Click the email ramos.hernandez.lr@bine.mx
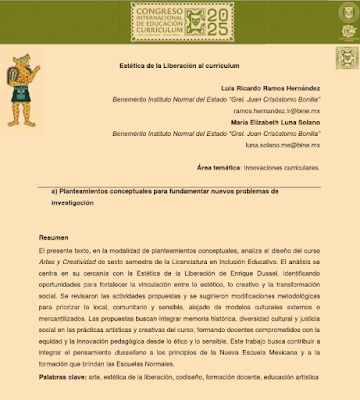point(275,110)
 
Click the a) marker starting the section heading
point(55,189)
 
